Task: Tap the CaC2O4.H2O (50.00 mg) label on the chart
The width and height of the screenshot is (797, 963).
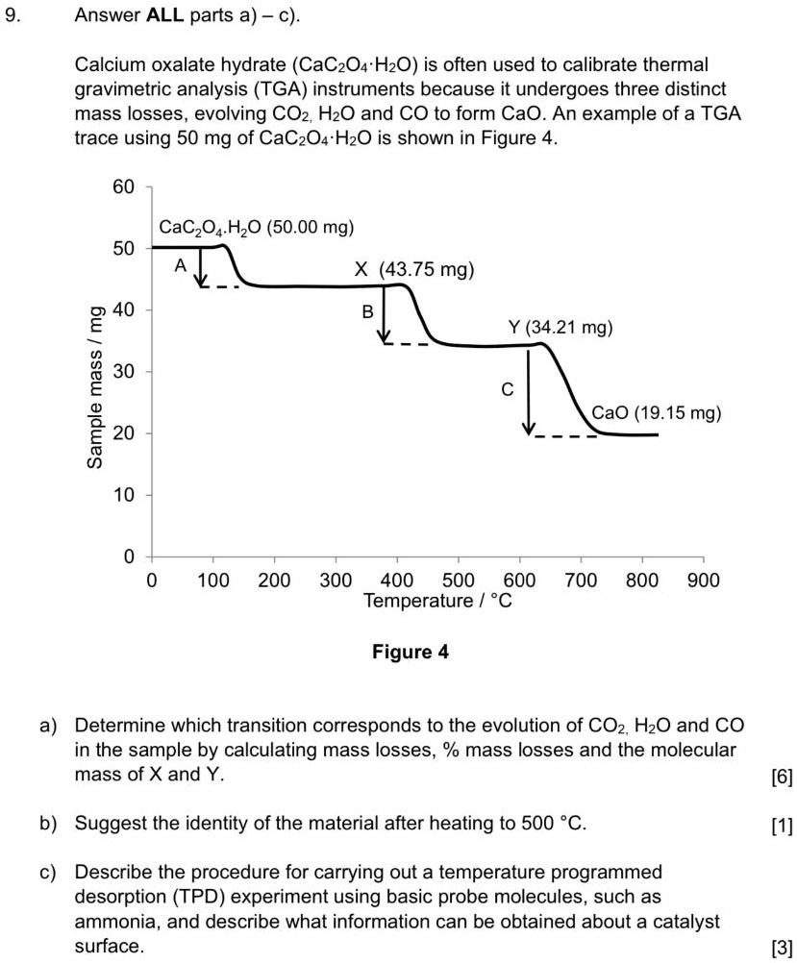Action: point(257,228)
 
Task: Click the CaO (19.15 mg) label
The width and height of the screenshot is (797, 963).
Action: point(657,413)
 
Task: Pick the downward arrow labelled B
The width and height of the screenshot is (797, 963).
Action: point(385,313)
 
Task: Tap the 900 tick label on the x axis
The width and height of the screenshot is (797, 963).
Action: point(704,580)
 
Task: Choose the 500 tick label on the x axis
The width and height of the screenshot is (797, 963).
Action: point(458,580)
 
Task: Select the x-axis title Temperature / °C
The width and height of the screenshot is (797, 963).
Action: point(438,602)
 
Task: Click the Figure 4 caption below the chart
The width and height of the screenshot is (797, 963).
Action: point(411,653)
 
